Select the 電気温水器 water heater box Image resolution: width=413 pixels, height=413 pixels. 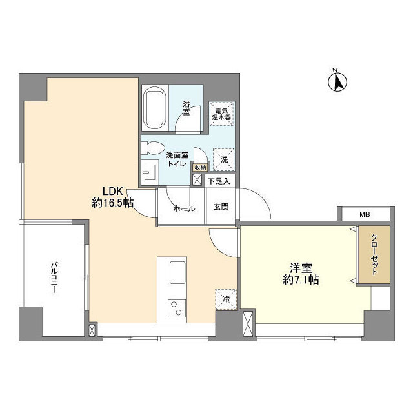pyautogui.click(x=224, y=114)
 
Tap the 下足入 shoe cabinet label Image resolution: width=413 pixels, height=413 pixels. pyautogui.click(x=219, y=182)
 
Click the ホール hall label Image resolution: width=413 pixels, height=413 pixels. pyautogui.click(x=185, y=208)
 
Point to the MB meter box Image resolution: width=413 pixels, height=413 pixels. pyautogui.click(x=364, y=214)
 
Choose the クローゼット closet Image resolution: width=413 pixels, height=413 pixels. pyautogui.click(x=375, y=254)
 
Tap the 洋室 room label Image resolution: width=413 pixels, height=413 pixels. pyautogui.click(x=299, y=267)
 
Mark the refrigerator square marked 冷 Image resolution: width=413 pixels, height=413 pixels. pyautogui.click(x=225, y=299)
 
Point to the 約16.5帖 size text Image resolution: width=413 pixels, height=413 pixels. pyautogui.click(x=112, y=203)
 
